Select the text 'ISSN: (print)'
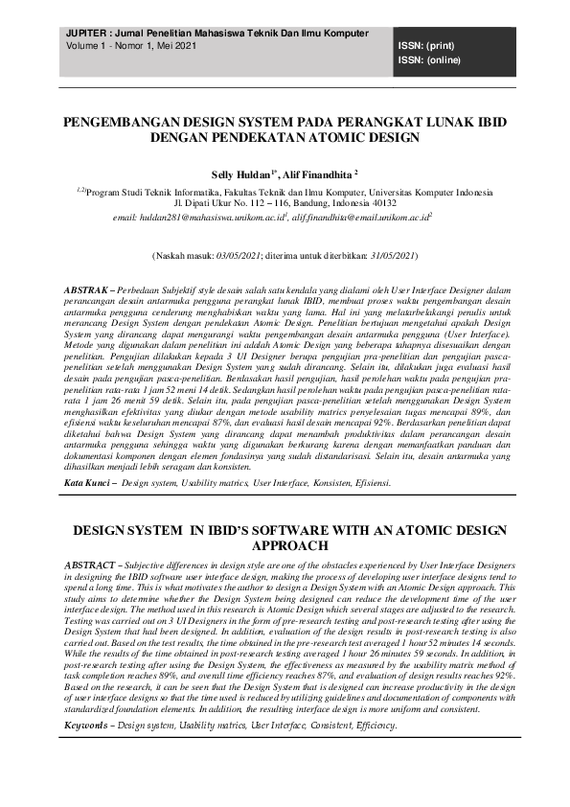[427, 45]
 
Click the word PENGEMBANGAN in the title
[121, 124]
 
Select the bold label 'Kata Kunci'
[85, 483]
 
